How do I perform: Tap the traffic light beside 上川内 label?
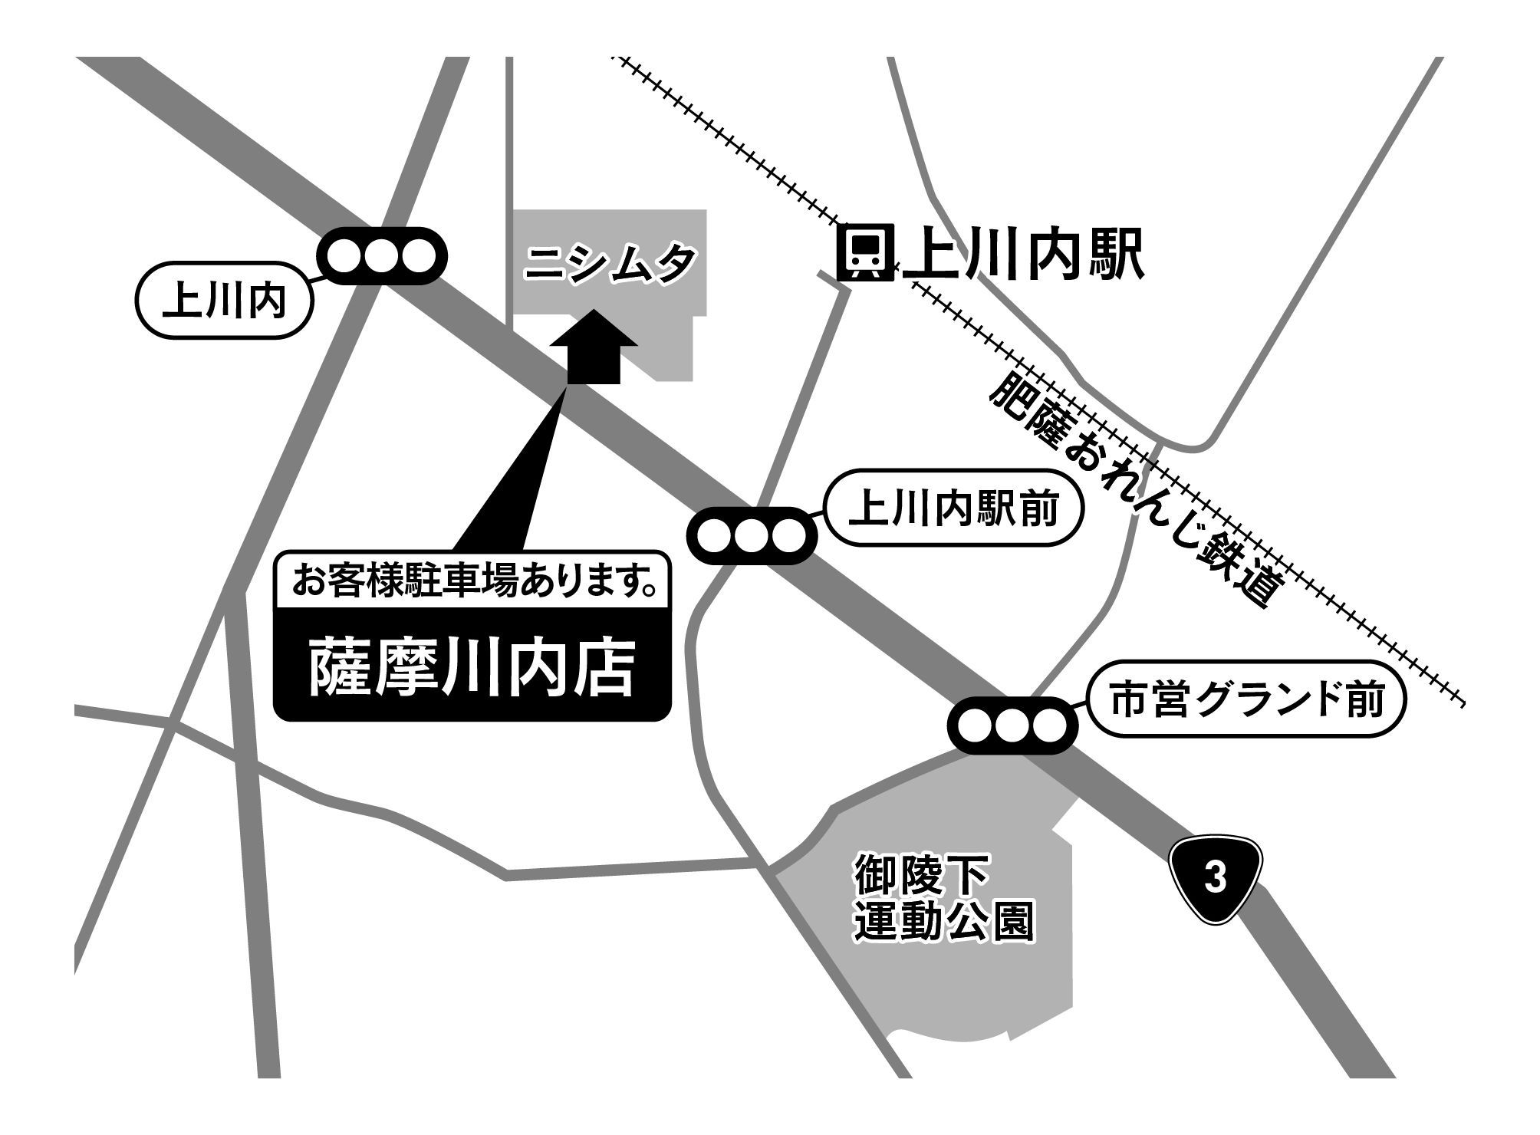(382, 256)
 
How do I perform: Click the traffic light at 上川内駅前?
(751, 535)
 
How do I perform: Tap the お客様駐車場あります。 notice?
(472, 581)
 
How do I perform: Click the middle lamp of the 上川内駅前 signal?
(751, 535)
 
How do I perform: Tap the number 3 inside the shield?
(1215, 878)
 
